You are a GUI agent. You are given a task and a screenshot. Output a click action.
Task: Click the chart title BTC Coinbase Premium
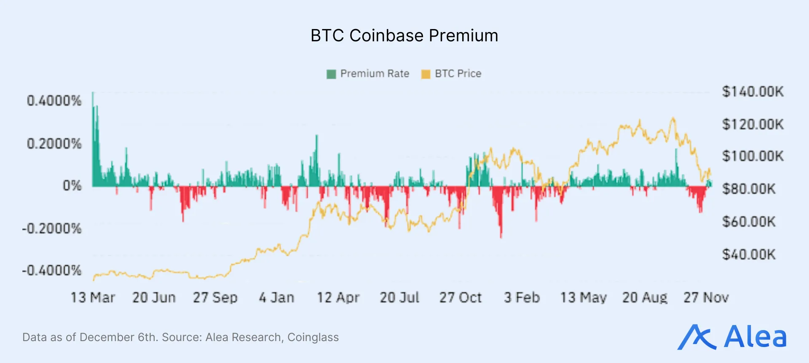tap(404, 36)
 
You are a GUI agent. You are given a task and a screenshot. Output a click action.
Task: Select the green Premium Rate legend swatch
tap(331, 74)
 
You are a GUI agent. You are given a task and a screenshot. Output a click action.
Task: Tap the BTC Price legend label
tap(458, 74)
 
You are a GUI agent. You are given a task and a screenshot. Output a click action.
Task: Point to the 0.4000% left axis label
tap(54, 101)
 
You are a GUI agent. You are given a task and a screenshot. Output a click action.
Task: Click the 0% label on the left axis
tap(72, 186)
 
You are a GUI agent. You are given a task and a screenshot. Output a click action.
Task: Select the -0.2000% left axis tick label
tap(52, 229)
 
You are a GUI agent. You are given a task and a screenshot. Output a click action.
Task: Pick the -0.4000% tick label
tap(52, 270)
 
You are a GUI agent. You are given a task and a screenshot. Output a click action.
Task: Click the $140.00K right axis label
tap(753, 91)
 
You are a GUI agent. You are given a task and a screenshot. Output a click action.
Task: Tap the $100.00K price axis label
tap(753, 156)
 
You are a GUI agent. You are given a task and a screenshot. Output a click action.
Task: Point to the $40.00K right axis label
tap(749, 255)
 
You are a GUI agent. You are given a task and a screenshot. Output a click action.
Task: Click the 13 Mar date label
tap(93, 298)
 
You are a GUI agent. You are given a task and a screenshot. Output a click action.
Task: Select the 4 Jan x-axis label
tap(276, 298)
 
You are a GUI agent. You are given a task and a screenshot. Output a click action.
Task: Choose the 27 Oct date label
tap(460, 298)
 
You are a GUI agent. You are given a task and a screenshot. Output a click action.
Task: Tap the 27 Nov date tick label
tap(706, 298)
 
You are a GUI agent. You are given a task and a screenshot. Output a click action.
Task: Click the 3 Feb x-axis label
tap(522, 298)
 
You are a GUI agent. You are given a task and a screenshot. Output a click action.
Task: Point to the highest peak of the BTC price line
tap(673, 119)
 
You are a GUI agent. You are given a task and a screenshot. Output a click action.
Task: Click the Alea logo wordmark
tap(755, 337)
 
